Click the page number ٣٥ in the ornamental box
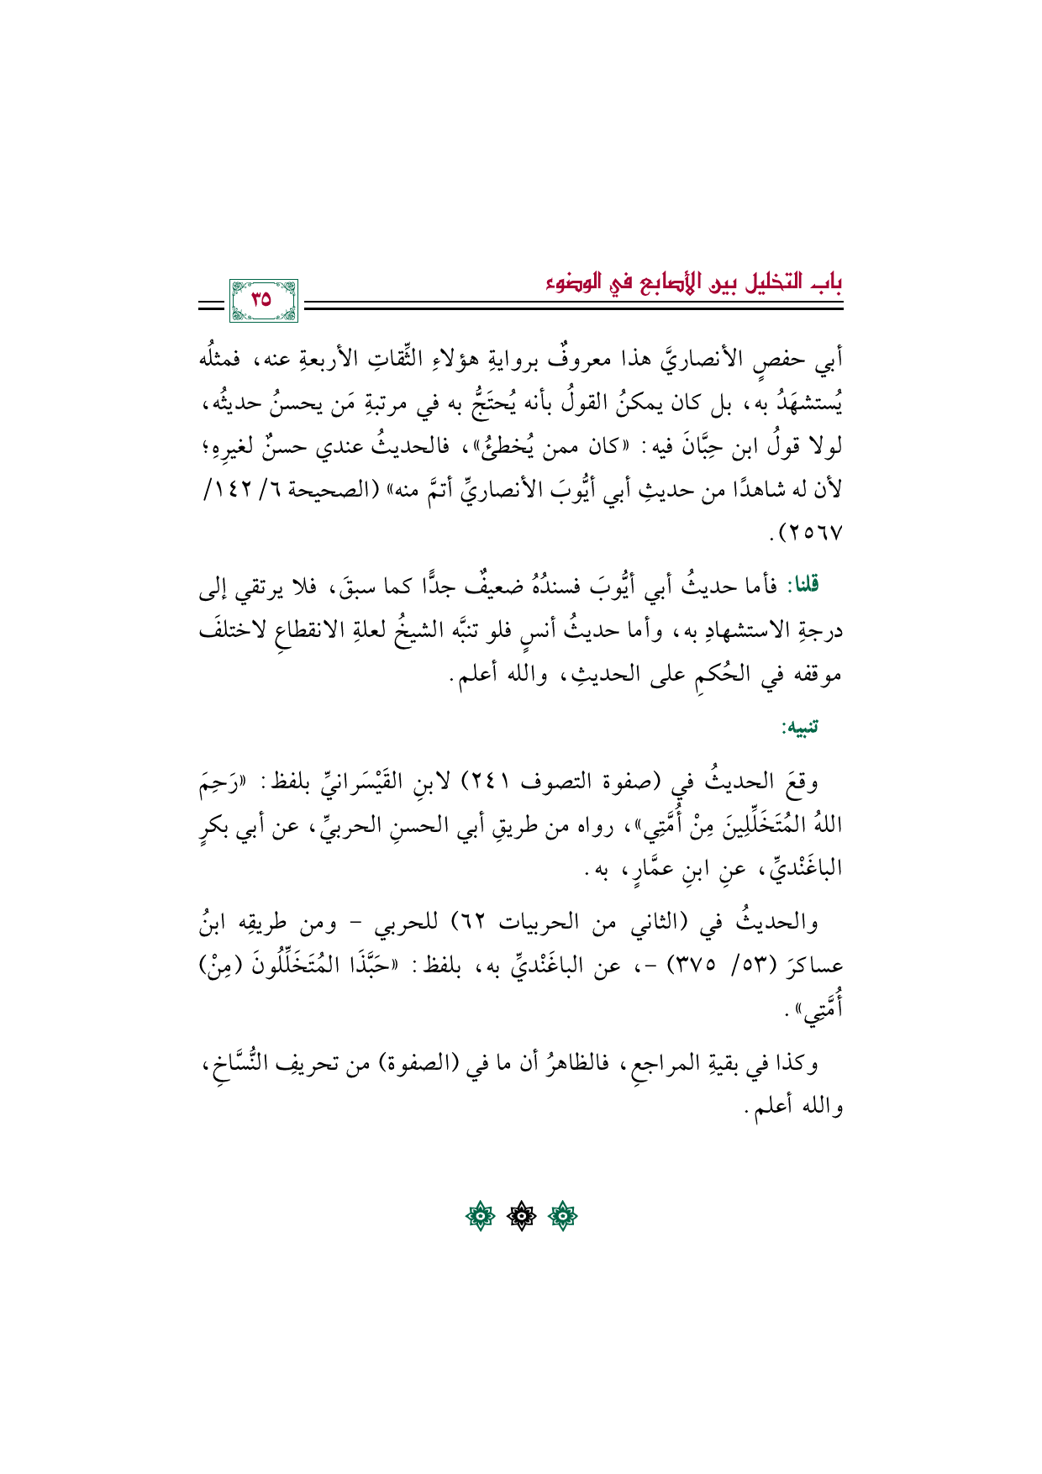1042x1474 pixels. [261, 298]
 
